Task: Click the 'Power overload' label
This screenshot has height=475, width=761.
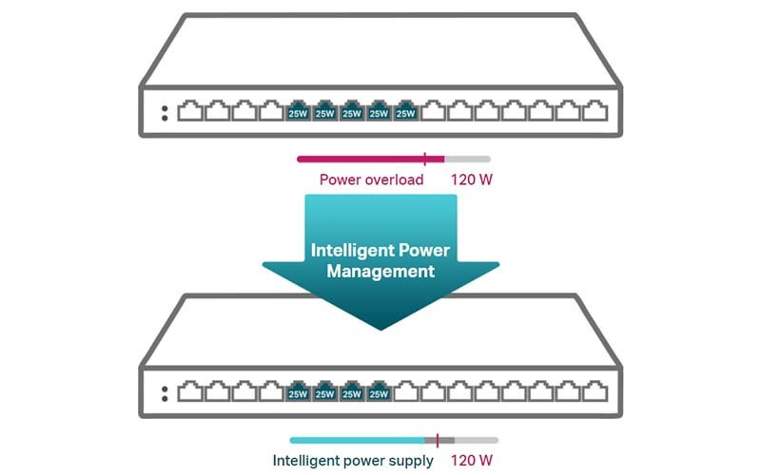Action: tap(371, 180)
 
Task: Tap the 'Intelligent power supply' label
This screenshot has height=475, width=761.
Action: tap(353, 461)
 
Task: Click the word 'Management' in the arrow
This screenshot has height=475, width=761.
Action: tap(380, 272)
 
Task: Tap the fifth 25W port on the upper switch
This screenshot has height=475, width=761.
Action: tap(406, 112)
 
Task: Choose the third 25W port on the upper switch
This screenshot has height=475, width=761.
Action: tap(352, 112)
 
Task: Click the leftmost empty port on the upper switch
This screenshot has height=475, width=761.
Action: tap(189, 111)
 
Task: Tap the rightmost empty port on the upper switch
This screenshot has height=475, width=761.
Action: tap(595, 111)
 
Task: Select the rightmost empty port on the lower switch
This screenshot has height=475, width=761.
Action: tap(595, 391)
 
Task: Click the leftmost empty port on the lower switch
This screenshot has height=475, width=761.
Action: tap(189, 391)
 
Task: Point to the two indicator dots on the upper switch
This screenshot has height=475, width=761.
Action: tap(165, 112)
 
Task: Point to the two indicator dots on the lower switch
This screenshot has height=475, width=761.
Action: tap(165, 392)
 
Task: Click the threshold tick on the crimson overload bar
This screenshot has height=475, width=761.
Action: tap(425, 159)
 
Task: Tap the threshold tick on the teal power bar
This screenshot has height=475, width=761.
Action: tap(438, 440)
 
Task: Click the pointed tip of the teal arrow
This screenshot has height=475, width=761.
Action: tap(380, 329)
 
